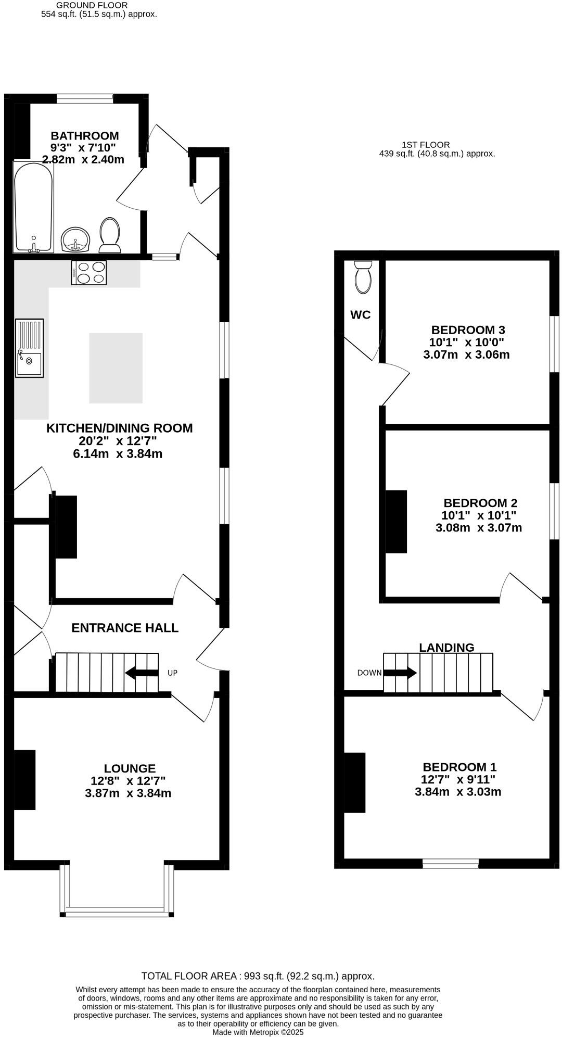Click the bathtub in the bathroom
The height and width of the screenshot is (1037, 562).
pyautogui.click(x=33, y=207)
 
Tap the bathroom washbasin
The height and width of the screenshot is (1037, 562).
pyautogui.click(x=76, y=240)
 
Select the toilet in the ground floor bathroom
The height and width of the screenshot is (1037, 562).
pyautogui.click(x=110, y=233)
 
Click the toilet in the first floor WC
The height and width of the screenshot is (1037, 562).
pyautogui.click(x=363, y=275)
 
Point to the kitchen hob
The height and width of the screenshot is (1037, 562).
pyautogui.click(x=88, y=272)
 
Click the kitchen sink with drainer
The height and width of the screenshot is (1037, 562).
pyautogui.click(x=29, y=348)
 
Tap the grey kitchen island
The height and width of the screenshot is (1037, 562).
pyautogui.click(x=116, y=368)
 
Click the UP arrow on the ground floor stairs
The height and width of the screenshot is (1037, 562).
pyautogui.click(x=142, y=673)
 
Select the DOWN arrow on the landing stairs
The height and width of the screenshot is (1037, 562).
pyautogui.click(x=400, y=673)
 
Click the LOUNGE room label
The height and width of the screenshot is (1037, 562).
pyautogui.click(x=130, y=768)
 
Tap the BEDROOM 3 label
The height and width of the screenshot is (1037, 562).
pyautogui.click(x=468, y=330)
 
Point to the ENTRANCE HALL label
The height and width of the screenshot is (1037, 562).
pyautogui.click(x=125, y=628)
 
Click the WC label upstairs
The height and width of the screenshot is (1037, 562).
pyautogui.click(x=360, y=315)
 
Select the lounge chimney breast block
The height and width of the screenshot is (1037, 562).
pyautogui.click(x=24, y=779)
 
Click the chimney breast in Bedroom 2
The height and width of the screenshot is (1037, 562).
pyautogui.click(x=397, y=521)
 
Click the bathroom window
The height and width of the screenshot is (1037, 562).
pyautogui.click(x=85, y=97)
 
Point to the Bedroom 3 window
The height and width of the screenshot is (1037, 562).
pyautogui.click(x=555, y=344)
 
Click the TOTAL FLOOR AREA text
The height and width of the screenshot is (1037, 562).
pyautogui.click(x=258, y=976)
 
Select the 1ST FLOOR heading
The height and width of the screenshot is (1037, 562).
pyautogui.click(x=426, y=145)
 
